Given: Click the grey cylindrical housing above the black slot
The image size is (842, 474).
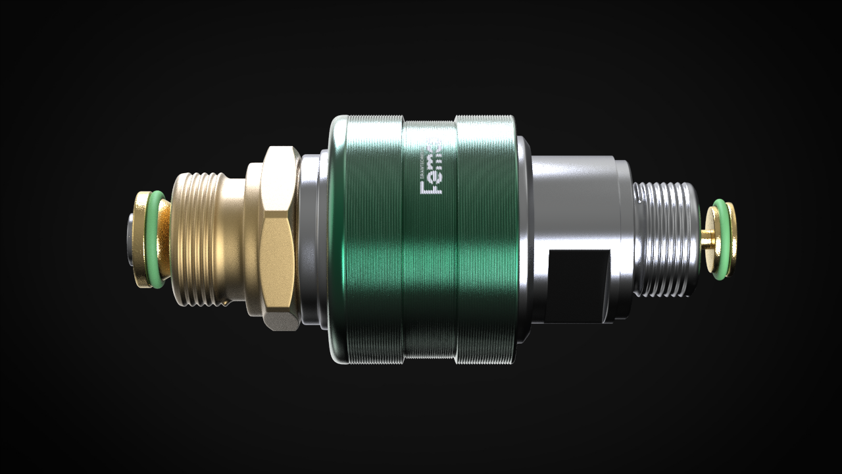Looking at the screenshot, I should point(572,197).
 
